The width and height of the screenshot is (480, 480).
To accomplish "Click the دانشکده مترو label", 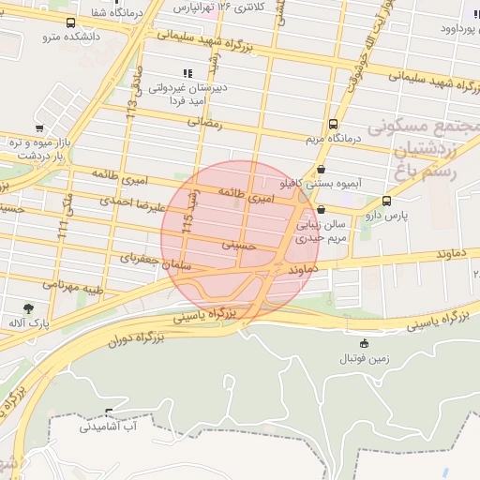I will pos(65,37).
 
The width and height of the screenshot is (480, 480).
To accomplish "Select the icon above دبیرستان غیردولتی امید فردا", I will pos(187,72).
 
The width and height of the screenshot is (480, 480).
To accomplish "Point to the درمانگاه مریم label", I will pos(333,139).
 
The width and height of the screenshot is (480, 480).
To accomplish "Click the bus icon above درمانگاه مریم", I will pos(333,124).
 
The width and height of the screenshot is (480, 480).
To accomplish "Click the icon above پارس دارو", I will pos(386,201).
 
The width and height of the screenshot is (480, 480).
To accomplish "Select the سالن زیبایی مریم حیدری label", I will pos(322,232).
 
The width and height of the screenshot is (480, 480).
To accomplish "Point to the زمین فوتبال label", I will pos(364,358).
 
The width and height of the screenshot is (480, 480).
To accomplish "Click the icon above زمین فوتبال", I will pos(364,343).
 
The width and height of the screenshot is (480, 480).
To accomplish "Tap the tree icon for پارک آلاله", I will pos(29,307).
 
